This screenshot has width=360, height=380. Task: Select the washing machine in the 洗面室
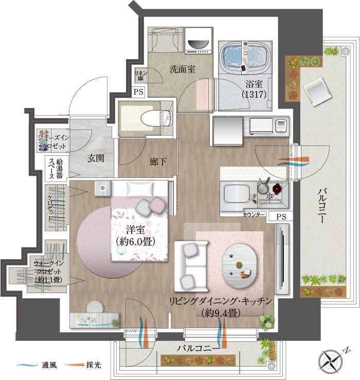point(199,41)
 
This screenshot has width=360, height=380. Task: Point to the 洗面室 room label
point(183,69)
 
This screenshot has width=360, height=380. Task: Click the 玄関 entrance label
point(96,158)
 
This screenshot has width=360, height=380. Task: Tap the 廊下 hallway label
point(158,161)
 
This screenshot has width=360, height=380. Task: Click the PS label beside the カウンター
point(281,216)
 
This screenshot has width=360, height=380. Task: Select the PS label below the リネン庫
point(138,92)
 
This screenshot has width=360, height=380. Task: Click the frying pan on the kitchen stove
point(264,187)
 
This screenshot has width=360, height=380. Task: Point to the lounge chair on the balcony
point(318,92)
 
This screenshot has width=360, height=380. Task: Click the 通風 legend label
point(49,365)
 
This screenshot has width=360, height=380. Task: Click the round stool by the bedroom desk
point(95,306)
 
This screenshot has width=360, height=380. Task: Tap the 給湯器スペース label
point(56,169)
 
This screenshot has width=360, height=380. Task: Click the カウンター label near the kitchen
point(254,214)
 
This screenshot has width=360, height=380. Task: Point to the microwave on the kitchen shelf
point(262,126)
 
